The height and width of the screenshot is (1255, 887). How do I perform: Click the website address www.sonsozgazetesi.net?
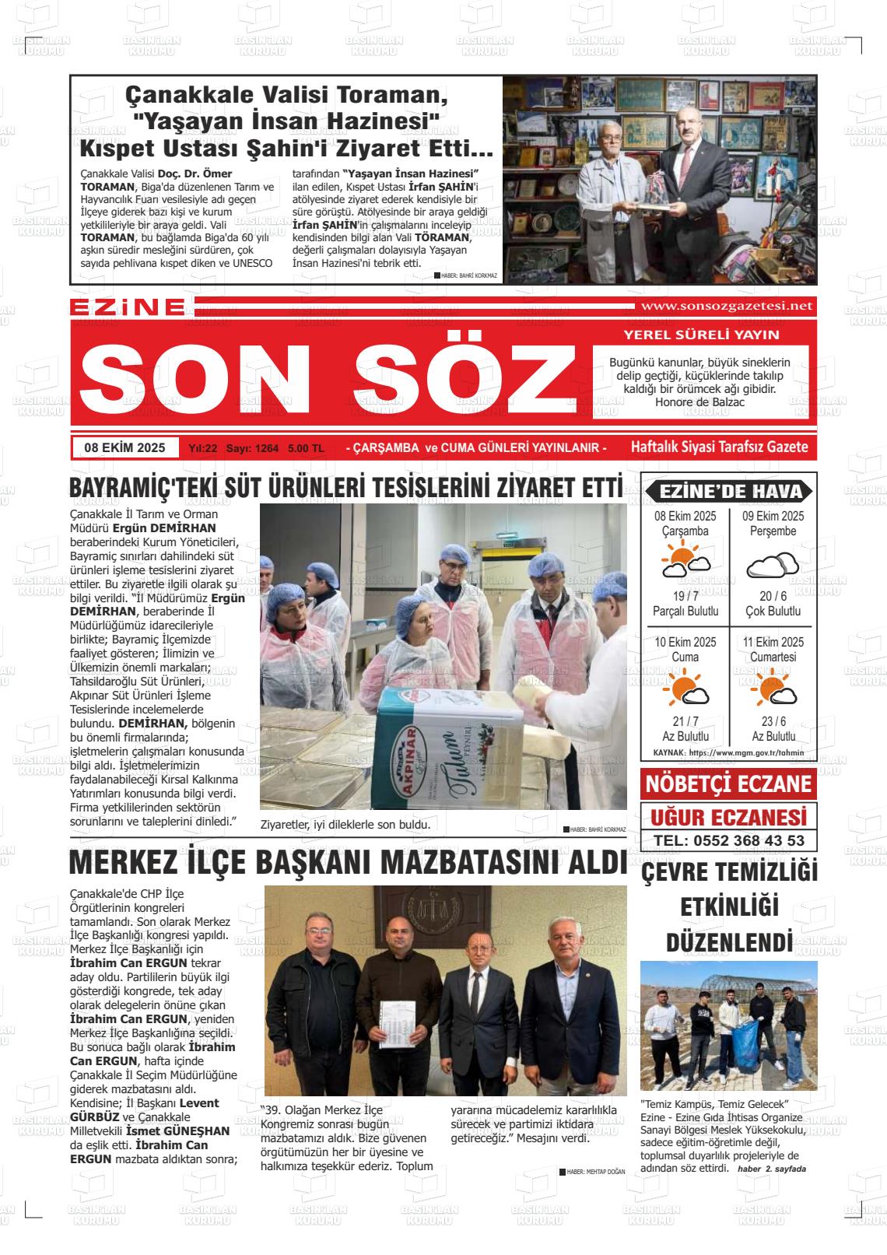(x=724, y=306)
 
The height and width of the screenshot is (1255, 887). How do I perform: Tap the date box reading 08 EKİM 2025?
(x=125, y=447)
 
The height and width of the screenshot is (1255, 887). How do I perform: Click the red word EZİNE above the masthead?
(x=128, y=307)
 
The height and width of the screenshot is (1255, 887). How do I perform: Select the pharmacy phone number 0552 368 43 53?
(x=729, y=840)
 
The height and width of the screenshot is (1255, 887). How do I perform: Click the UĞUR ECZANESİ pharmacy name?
(x=728, y=818)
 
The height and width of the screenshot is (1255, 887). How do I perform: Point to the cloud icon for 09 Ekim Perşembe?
(x=772, y=565)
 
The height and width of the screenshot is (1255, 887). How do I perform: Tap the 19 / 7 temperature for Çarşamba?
(x=685, y=596)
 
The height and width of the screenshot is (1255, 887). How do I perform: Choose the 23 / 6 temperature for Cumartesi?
(x=773, y=721)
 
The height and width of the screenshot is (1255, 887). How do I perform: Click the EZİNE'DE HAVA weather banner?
(x=728, y=491)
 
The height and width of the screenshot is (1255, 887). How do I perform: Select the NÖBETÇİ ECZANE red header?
(x=728, y=783)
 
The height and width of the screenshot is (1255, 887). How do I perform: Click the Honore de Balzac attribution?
(x=699, y=402)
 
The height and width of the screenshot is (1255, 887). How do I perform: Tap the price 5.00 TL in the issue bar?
(x=306, y=448)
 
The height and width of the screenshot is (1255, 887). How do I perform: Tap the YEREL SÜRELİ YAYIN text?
(x=701, y=335)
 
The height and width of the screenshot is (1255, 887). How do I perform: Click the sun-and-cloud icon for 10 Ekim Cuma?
(x=685, y=691)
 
